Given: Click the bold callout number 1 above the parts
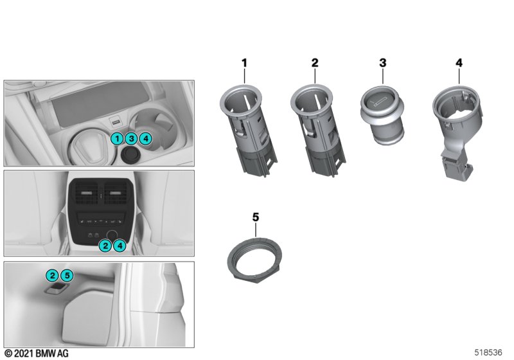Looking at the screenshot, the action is [x=244, y=63].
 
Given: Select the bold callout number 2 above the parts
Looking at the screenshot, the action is [x=315, y=62].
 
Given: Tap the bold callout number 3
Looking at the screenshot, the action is [x=383, y=62].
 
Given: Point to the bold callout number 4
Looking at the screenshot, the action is [x=459, y=62].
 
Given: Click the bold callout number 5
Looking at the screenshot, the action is [x=256, y=217].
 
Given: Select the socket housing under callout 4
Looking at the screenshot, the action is [x=457, y=131].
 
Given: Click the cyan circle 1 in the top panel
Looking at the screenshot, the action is [x=117, y=139].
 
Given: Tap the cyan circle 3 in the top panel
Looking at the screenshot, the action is [x=132, y=139].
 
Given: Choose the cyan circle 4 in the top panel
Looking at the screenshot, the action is [x=146, y=139].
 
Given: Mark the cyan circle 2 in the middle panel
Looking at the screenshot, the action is [x=105, y=246].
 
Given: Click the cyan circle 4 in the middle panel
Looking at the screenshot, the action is [x=120, y=246].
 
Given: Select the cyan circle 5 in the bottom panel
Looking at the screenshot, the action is [x=67, y=275].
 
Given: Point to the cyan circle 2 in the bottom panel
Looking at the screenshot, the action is [x=53, y=275].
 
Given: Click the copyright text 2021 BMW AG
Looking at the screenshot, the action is [x=37, y=354].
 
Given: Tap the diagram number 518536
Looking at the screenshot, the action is [x=488, y=352].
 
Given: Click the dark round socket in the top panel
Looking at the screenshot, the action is [x=130, y=155].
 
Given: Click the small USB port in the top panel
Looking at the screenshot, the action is [x=116, y=123].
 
